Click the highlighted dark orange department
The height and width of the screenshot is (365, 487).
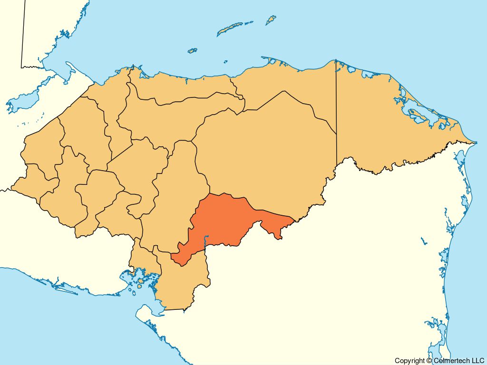pos(224,221)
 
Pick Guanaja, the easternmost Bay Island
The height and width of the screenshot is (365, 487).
pos(271,20)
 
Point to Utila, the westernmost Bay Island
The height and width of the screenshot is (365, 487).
pos(192,50)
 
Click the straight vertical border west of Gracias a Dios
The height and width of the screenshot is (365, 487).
pos(336,109)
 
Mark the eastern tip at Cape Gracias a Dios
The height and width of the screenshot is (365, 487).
pos(475,142)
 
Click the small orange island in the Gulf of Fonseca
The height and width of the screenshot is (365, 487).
pos(140,286)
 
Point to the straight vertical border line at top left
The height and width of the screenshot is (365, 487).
pos(23,33)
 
